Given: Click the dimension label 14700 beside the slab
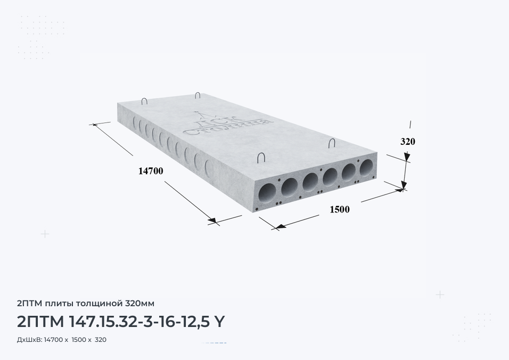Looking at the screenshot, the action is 151,171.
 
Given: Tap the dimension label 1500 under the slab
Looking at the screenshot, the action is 340,210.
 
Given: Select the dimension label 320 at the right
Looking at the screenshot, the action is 408,142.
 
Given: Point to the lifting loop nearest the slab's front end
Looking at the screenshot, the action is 261,158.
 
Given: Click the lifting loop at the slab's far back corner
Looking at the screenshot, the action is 198,95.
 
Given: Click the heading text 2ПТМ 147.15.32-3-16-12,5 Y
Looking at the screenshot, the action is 120,322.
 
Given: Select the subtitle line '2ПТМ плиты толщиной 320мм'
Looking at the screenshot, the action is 86,303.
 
